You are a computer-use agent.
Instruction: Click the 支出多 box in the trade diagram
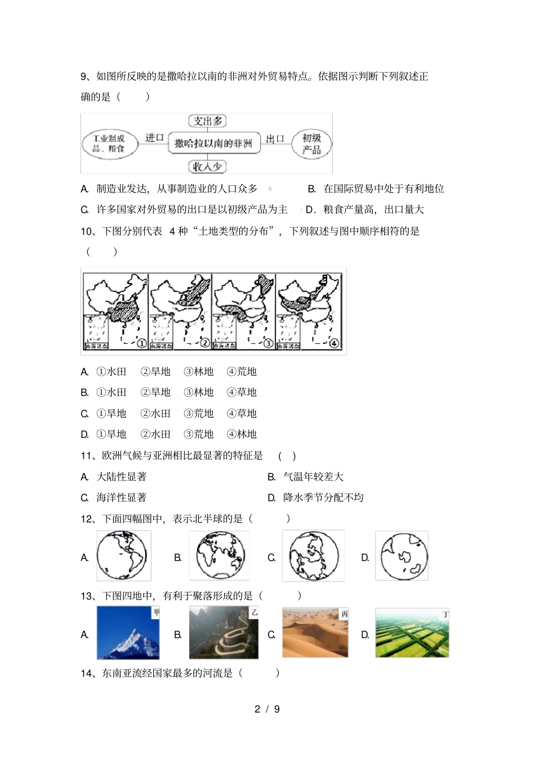coord(207,121)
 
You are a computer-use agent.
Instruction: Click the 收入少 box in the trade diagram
coord(207,167)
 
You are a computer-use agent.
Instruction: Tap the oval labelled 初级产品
coord(311,144)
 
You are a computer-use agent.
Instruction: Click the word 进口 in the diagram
coord(154,138)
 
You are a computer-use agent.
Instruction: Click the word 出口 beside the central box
coord(275,139)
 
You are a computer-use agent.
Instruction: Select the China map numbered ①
coord(115,311)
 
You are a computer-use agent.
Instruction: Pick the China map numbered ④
coord(309,311)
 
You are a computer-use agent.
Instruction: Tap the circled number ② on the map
coord(204,343)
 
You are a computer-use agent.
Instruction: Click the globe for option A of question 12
coord(124,556)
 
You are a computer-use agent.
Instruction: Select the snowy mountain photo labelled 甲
coord(128,633)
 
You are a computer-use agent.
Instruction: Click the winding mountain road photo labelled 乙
coord(224,633)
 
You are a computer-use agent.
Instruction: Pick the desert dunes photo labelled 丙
coord(315,633)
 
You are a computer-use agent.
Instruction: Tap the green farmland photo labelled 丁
coord(412,633)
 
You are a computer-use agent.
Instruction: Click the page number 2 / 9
coord(267,709)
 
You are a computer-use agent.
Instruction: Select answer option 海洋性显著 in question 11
coord(121,498)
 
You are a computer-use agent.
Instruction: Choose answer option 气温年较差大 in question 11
coord(313,477)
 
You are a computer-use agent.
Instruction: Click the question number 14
coord(88,673)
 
